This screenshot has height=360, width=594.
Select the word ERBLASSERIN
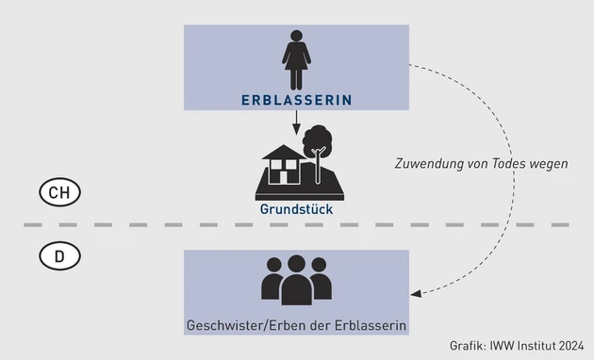coord(297,99)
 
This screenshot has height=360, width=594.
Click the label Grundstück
coord(296,209)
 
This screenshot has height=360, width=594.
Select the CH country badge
coord(59,193)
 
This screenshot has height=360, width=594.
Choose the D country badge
coord(59,254)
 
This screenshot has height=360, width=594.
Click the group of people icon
coord(297,280)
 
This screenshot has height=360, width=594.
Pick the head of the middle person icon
coord(297,265)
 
